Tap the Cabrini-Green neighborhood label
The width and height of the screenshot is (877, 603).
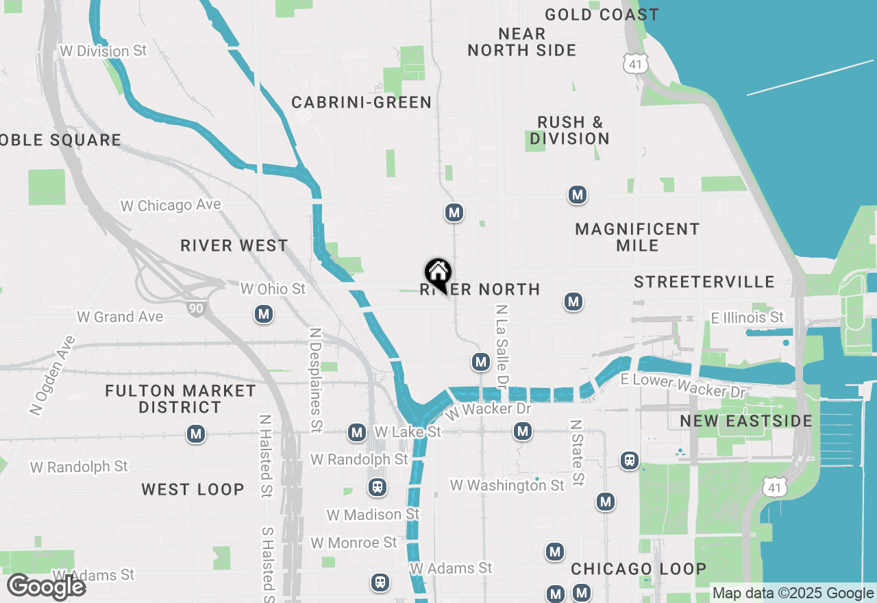point(361,103)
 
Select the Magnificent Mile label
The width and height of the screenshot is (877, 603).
point(637,236)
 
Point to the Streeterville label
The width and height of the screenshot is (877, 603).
point(704,282)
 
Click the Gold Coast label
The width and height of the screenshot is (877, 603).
point(602,14)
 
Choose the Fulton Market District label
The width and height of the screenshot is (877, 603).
point(180,399)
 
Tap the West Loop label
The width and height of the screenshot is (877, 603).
point(193,489)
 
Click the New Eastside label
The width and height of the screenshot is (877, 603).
point(745,421)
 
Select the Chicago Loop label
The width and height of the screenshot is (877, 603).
point(639,569)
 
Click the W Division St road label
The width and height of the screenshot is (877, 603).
point(103,51)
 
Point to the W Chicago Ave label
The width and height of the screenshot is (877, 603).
point(171,206)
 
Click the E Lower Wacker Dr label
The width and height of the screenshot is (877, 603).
point(682,386)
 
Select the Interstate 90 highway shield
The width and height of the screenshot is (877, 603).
point(197,308)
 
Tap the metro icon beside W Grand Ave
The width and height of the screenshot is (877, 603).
point(264,315)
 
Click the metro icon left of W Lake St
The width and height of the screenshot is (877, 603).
point(356,432)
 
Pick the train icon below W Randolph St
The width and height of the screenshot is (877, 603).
point(377,487)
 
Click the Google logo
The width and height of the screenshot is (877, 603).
point(45,587)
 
